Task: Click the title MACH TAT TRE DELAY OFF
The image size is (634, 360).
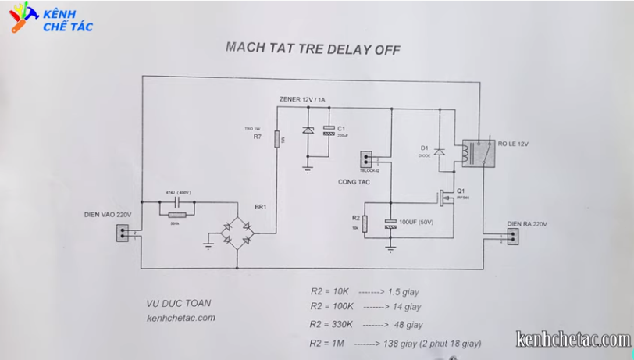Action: [312, 48]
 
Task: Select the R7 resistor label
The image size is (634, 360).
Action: [257, 137]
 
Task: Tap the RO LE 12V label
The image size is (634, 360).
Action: [513, 144]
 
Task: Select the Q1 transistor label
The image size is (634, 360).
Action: [460, 191]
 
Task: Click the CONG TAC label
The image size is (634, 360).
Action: [353, 181]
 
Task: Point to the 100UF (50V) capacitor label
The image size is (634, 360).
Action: [416, 222]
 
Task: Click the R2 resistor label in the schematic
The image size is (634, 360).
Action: [355, 218]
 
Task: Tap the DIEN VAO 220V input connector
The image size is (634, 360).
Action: [123, 233]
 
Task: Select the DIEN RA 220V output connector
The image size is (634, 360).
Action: [512, 236]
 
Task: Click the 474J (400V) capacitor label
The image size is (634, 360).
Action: [179, 192]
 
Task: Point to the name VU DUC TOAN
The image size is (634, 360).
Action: [179, 303]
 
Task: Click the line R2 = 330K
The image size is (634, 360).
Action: [333, 324]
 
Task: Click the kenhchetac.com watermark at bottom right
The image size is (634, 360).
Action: [573, 339]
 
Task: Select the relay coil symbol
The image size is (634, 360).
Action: [468, 153]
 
